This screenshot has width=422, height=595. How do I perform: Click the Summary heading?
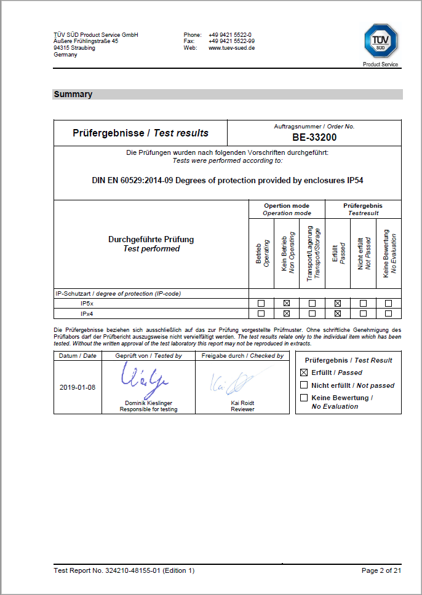(x=73, y=95)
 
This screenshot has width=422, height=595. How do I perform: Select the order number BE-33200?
(x=314, y=138)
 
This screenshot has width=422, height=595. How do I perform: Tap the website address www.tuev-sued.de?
(x=232, y=48)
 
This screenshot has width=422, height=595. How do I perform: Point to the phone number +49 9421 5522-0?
(x=230, y=35)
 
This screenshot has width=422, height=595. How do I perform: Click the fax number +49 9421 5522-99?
(x=232, y=41)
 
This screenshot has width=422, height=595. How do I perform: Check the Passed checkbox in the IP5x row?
(x=337, y=303)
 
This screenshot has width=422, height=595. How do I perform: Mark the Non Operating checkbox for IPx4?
(x=286, y=313)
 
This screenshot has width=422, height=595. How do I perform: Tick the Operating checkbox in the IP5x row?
(x=261, y=303)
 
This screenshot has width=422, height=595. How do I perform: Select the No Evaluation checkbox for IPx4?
(x=388, y=313)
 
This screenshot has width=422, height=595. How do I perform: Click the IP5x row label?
(x=87, y=303)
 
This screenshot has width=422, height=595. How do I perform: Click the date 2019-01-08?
(x=77, y=388)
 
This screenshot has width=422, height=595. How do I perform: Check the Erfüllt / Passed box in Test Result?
(x=303, y=372)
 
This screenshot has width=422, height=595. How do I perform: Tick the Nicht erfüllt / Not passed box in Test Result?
(x=303, y=385)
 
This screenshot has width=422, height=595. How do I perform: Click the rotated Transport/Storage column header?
(x=312, y=253)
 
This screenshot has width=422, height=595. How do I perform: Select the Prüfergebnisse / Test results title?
(x=140, y=133)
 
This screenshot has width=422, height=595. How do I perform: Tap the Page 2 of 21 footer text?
(x=381, y=570)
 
